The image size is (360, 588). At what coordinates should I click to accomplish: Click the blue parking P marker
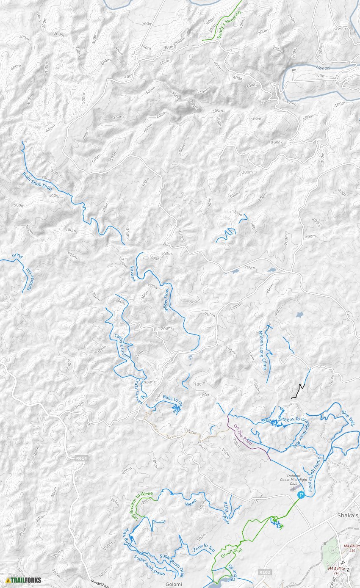[301, 494]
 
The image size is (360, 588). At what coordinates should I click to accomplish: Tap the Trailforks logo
[24, 580]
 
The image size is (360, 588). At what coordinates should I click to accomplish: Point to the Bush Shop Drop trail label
[37, 181]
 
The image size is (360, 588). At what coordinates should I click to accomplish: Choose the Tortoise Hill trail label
[30, 278]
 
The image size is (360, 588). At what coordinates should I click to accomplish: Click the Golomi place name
[173, 584]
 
